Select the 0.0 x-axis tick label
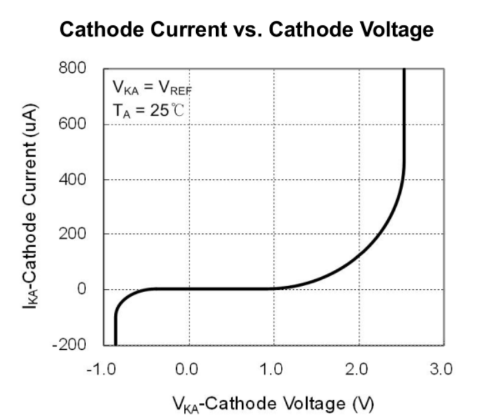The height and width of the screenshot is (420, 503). pyautogui.click(x=189, y=369)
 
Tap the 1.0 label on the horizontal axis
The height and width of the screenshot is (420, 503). pyautogui.click(x=274, y=369)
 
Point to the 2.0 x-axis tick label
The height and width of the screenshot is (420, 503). pyautogui.click(x=358, y=369)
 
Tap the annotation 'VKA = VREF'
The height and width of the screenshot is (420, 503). pyautogui.click(x=153, y=88)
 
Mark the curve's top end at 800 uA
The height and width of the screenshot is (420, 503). pyautogui.click(x=404, y=69)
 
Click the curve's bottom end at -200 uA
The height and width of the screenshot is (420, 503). pyautogui.click(x=115, y=344)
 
